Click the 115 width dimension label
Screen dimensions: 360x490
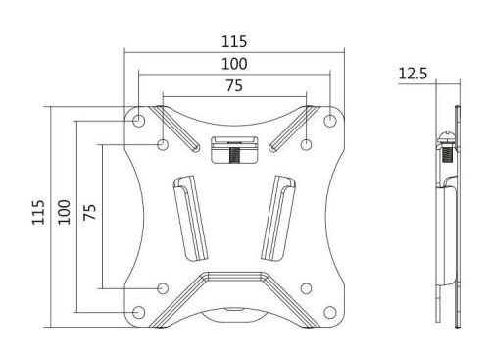(x=234, y=42)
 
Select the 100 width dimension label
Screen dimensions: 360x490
(x=234, y=64)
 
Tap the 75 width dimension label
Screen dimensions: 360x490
(x=234, y=86)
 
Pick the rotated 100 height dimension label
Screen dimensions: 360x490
(x=64, y=212)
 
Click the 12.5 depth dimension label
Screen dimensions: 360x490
(x=416, y=72)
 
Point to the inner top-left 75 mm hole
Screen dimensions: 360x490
(x=163, y=144)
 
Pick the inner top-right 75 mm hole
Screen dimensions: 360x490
(x=307, y=144)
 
